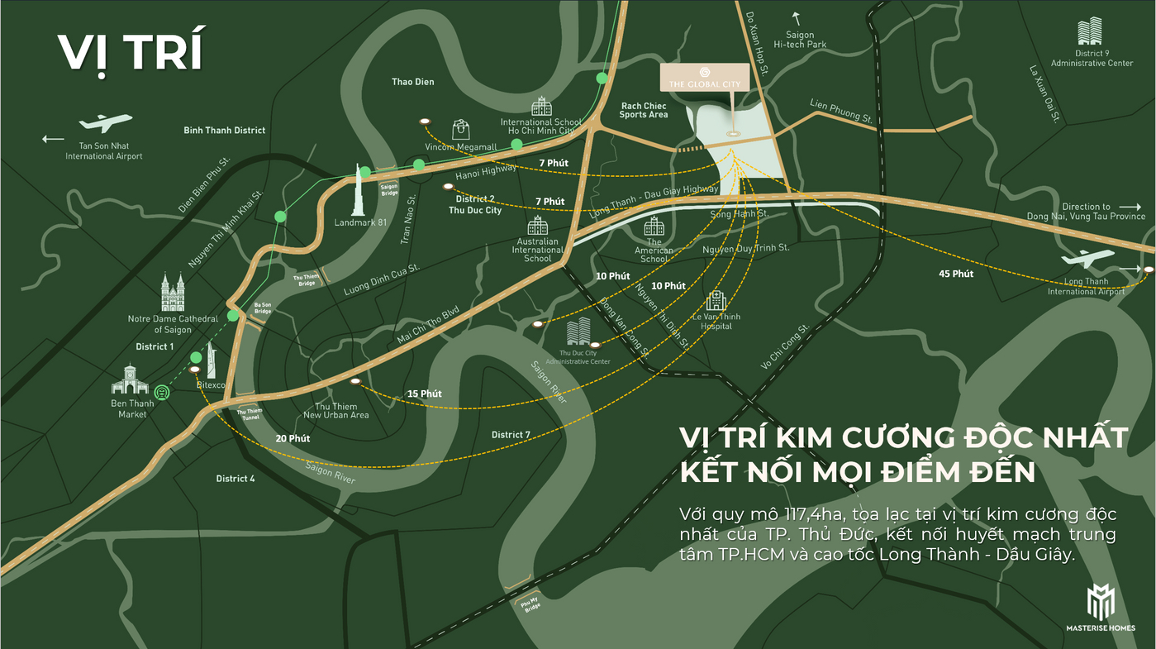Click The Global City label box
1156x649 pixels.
coord(705,78)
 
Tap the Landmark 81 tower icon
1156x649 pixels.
coord(360,189)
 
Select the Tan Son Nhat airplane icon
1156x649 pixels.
coord(106,123)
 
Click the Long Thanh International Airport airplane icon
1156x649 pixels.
coord(1089,259)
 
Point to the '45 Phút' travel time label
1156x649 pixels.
coord(956,274)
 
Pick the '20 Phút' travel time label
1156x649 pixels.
coord(293,438)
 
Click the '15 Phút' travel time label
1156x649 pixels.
coord(425,394)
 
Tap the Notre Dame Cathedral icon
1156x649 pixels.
coord(174,293)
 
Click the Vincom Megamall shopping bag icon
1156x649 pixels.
coord(461,129)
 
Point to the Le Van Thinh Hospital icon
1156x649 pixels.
coord(716,300)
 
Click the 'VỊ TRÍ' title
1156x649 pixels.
coord(130,52)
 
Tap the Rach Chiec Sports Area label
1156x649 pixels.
coord(644,110)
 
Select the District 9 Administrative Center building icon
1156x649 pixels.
coord(1090,31)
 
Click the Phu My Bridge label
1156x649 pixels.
coord(531,604)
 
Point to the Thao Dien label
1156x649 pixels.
coord(412,82)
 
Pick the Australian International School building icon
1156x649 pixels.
coord(538,226)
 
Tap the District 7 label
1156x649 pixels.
coord(511,435)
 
